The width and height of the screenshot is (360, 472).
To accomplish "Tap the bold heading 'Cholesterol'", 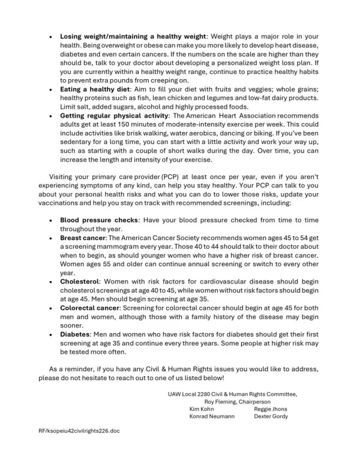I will pyautogui.click(x=79, y=280).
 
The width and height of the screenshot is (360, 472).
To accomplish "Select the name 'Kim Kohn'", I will pyautogui.click(x=202, y=408).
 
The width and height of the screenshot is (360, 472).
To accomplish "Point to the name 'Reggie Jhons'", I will pyautogui.click(x=270, y=408).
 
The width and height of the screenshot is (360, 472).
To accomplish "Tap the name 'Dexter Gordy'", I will pyautogui.click(x=270, y=416).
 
